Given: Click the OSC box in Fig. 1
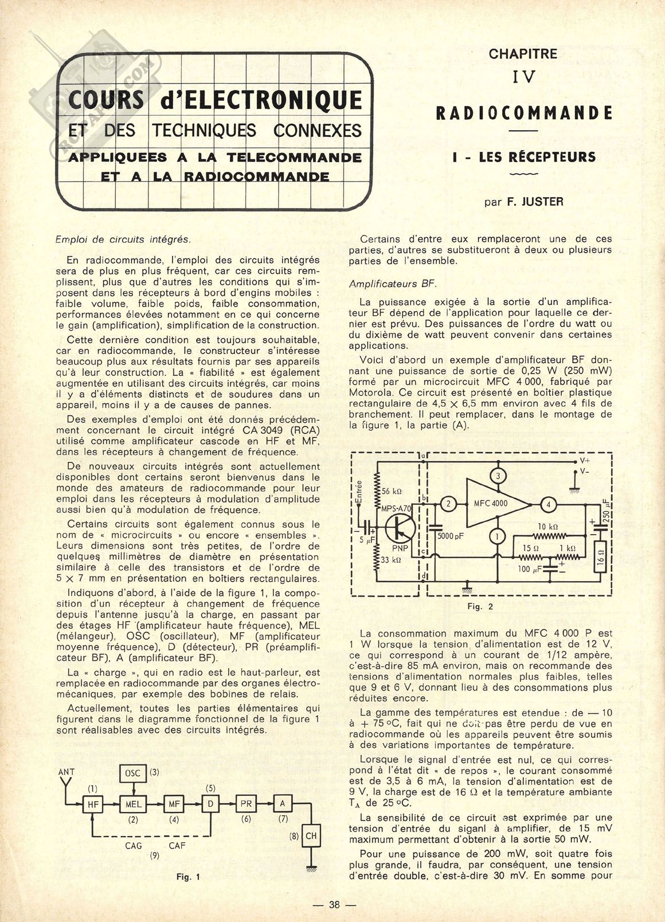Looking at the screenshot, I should click(x=133, y=773).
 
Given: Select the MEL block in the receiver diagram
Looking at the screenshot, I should click(x=133, y=804).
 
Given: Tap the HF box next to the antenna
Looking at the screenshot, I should click(x=93, y=804).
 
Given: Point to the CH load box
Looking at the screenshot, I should click(x=311, y=836).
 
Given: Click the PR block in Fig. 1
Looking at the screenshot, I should click(x=246, y=804).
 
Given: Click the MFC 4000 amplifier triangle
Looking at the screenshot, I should click(x=494, y=504).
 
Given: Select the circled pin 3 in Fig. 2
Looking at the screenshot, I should click(x=498, y=476).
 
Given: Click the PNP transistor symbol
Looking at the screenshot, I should click(x=398, y=528).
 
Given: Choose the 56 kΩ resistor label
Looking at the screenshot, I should click(x=392, y=491).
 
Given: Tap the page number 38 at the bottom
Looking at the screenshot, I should click(x=335, y=905).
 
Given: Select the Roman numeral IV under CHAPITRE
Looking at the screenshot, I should click(x=523, y=77).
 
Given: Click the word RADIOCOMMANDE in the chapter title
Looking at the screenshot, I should click(x=524, y=112).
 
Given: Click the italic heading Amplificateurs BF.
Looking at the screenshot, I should click(x=393, y=284).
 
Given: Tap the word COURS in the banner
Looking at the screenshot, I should click(x=106, y=101).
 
